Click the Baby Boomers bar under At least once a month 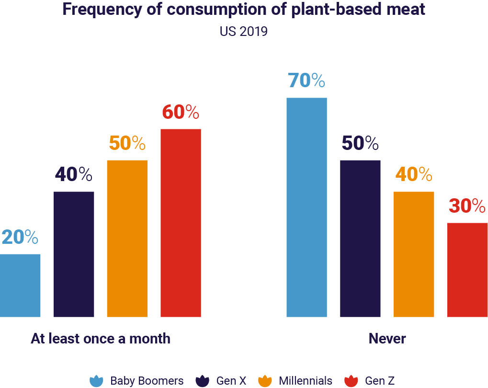coord(20,285)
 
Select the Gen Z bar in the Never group coord(467,270)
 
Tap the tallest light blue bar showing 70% coord(306,207)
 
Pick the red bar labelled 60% coord(181,223)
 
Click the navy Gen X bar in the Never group coord(360,238)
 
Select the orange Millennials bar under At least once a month coord(127,238)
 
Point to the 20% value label coord(19,237)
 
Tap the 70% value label coord(306,80)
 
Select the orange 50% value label coord(127,143)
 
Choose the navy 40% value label coord(73,174)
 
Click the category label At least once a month coord(101,339)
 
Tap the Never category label coord(387,339)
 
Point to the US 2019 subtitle coord(243,32)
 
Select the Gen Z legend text coord(379,381)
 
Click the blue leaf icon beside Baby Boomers coord(97,381)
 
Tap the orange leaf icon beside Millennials coord(265,381)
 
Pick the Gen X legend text coord(231,381)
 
